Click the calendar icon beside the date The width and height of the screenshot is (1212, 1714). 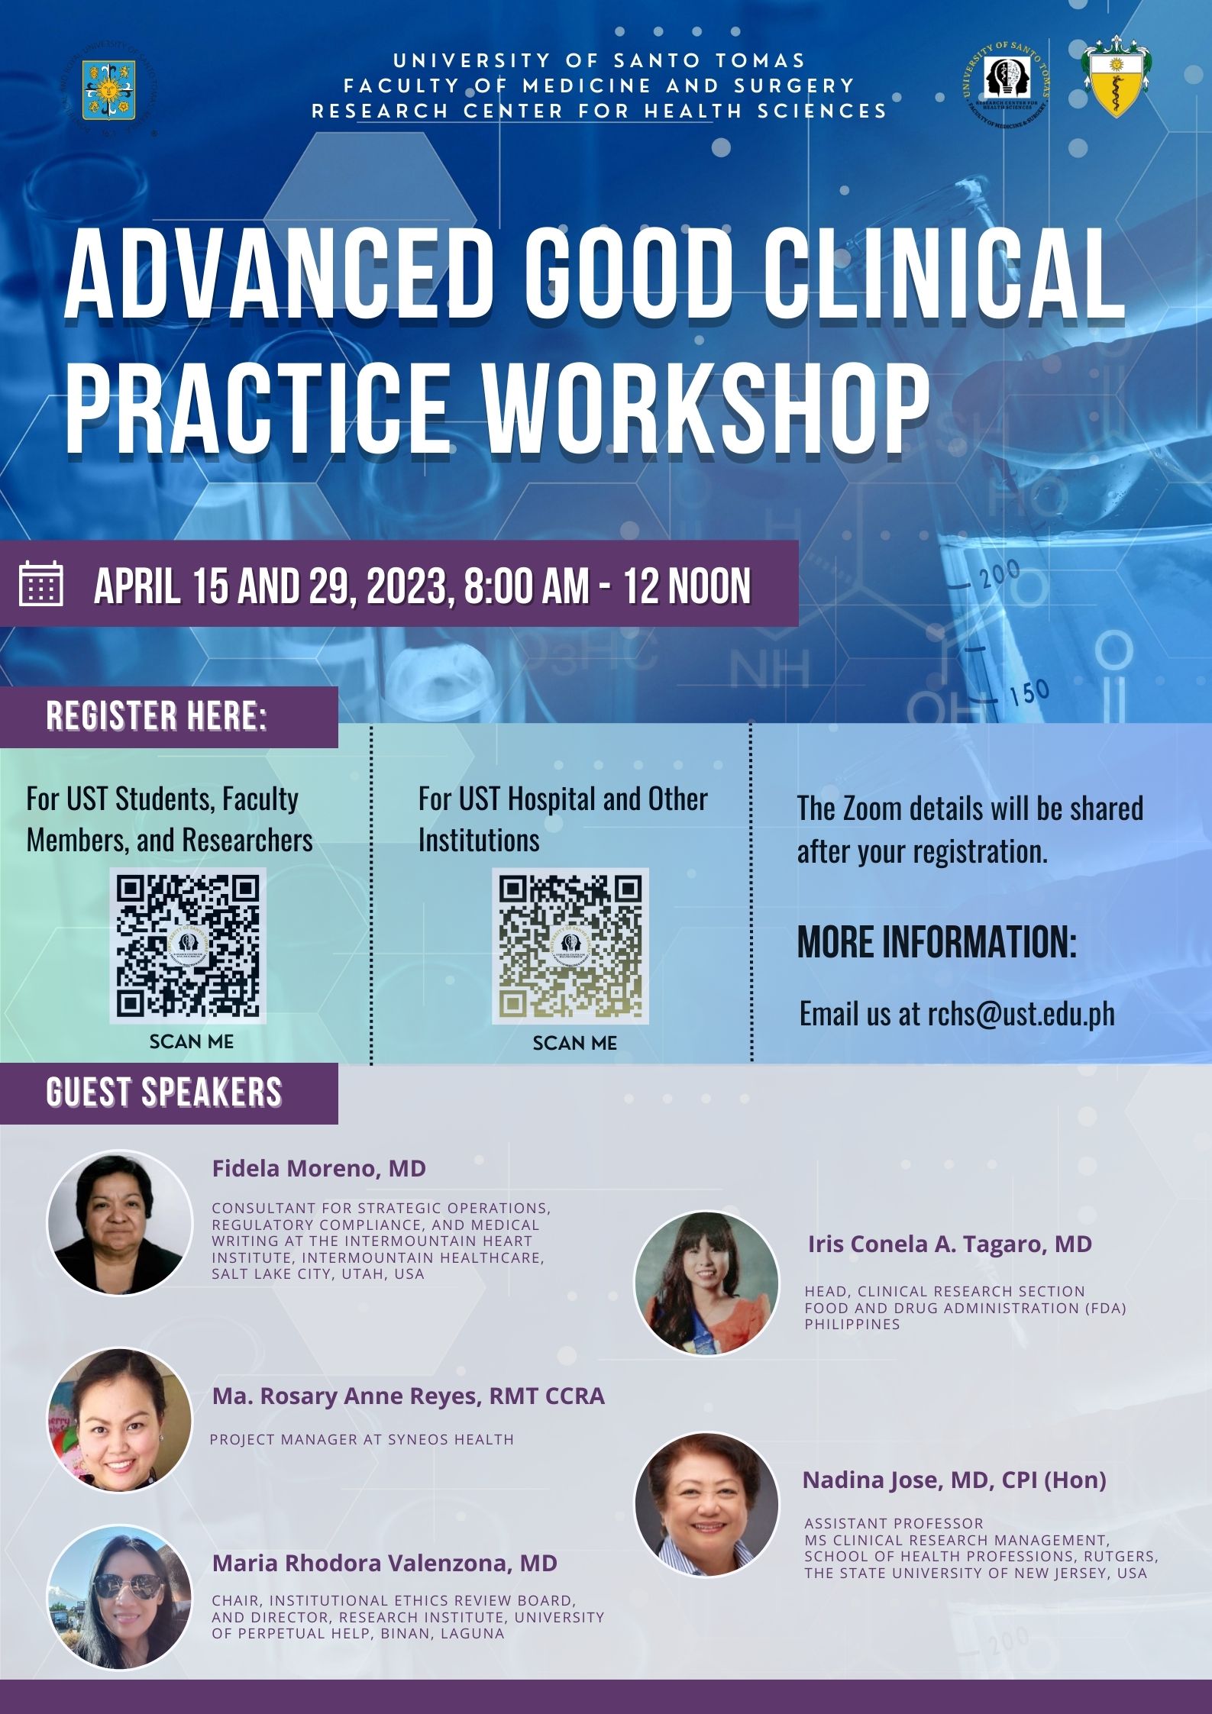point(40,583)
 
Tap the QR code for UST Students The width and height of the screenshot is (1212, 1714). point(188,945)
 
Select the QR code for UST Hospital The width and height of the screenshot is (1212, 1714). point(570,945)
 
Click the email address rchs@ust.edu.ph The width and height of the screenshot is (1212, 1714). point(1021,1014)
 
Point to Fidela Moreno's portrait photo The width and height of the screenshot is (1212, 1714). point(120,1222)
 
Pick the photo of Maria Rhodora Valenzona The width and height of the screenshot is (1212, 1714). point(120,1598)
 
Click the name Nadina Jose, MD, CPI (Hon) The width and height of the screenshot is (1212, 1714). point(954,1480)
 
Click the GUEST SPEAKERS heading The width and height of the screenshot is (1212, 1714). point(164,1093)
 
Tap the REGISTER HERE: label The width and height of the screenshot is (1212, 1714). point(157,716)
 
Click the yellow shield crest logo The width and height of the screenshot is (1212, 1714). point(1117,77)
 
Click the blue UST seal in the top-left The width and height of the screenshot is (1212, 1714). point(108,90)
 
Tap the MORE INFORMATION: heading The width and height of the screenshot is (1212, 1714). point(937,942)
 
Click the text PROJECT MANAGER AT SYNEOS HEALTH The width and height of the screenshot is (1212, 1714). point(362,1439)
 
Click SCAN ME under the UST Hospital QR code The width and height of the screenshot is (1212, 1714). point(575,1043)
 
